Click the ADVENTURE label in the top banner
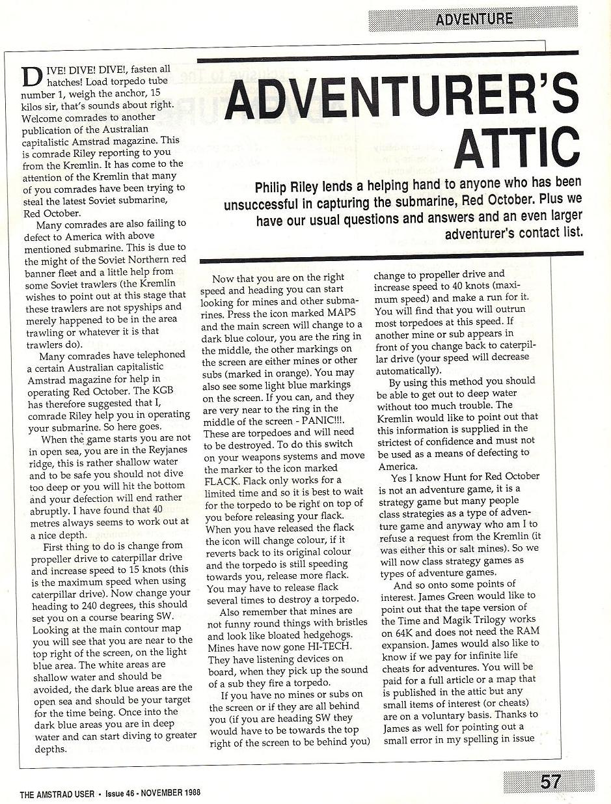pos(474,19)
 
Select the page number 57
pos(550,781)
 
